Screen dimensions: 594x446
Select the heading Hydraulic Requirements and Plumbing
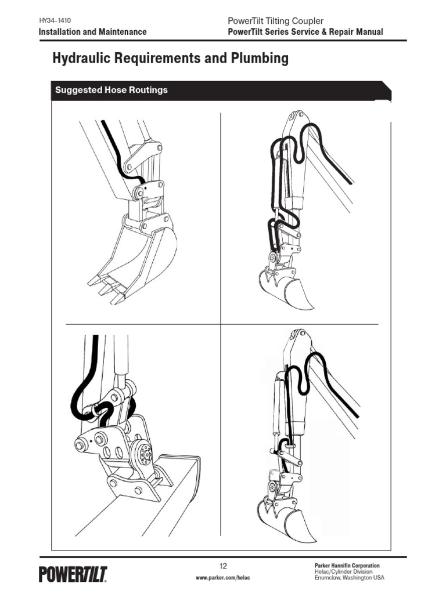[x=170, y=59]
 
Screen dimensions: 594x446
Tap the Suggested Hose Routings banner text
[x=111, y=90]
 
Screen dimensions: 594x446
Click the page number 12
[x=223, y=566]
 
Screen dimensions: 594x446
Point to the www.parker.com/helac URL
[x=222, y=578]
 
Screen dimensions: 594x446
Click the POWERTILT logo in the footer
[x=73, y=574]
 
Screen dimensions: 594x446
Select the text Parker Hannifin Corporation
[x=347, y=565]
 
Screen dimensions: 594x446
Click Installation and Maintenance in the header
[x=92, y=32]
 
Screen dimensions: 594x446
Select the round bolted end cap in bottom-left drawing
[x=141, y=452]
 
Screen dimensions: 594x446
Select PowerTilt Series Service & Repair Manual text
[x=306, y=32]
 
